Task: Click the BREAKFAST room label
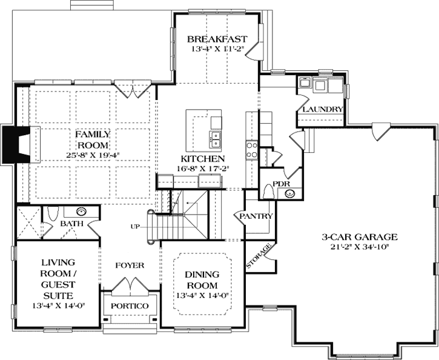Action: pos(217,37)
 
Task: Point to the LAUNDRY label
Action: pos(323,110)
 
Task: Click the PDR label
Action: pos(280,183)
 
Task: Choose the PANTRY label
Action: pos(257,216)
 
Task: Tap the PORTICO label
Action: pos(130,306)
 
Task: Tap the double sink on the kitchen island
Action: pos(215,139)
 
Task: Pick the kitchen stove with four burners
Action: pos(251,149)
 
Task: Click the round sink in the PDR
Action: pos(289,194)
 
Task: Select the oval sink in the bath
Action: pos(80,212)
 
